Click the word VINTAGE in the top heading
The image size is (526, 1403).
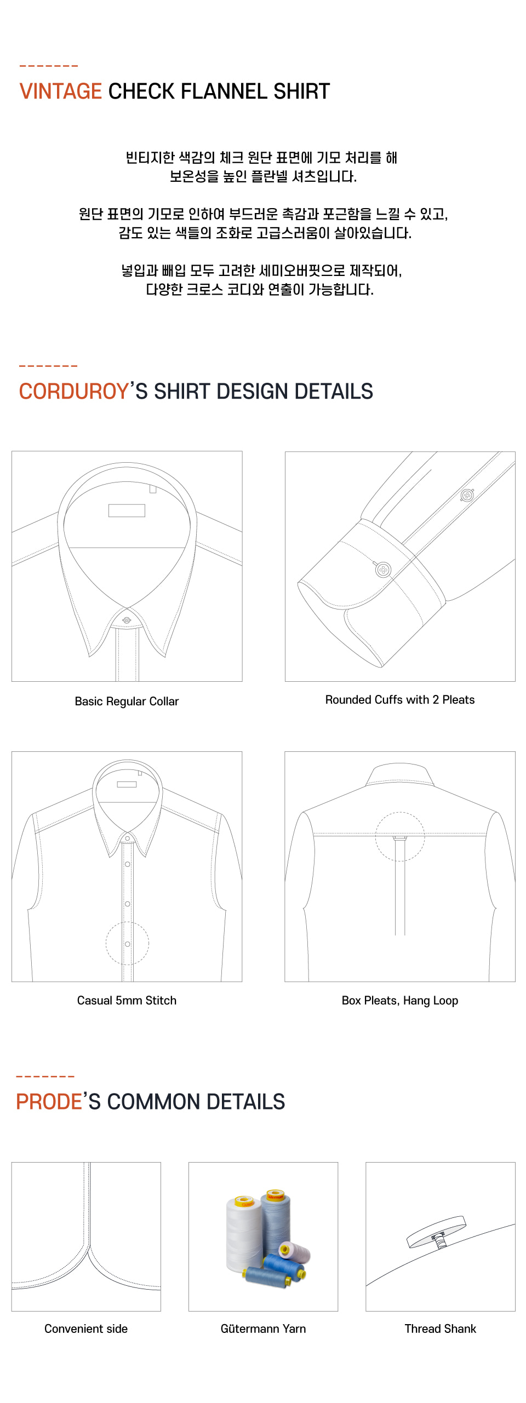60,91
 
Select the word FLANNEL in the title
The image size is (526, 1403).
224,91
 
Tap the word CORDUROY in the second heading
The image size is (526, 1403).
74,391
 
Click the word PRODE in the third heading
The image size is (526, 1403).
49,1101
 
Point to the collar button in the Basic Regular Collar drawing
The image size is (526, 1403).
127,620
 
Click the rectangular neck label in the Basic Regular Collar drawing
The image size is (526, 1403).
127,510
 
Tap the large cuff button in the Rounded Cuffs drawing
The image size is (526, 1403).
384,570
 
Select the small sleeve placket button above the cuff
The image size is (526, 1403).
467,496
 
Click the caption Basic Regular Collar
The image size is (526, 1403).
127,702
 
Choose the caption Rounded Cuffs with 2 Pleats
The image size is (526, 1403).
400,700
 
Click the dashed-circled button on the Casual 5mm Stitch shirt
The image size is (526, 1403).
127,944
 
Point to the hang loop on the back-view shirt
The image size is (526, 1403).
400,838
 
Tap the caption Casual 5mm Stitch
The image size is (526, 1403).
127,1001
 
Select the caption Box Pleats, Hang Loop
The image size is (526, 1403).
400,1001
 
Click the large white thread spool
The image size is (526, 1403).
244,1235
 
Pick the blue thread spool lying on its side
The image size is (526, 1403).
266,1277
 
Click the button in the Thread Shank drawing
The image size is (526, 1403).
437,1232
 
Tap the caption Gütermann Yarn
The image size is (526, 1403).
263,1329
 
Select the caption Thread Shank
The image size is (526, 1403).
441,1329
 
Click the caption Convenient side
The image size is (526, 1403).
86,1329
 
